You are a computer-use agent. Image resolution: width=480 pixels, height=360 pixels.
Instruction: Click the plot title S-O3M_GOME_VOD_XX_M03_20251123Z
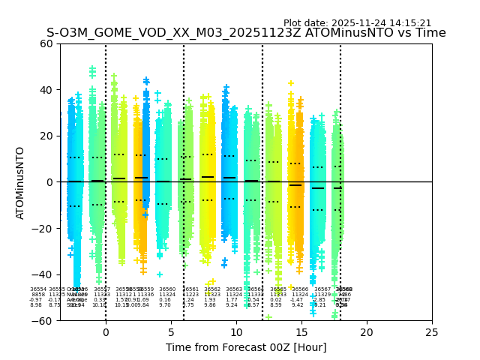[x=246, y=33]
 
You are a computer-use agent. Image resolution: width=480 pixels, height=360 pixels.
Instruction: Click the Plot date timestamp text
[x=357, y=23]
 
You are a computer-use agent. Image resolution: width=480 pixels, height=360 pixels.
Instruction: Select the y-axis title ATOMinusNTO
[x=21, y=182]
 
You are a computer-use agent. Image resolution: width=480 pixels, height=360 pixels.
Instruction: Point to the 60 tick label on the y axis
[x=46, y=43]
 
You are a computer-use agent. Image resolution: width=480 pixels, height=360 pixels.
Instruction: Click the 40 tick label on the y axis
[x=46, y=90]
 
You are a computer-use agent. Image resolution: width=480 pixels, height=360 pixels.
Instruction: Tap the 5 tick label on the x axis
[x=171, y=331]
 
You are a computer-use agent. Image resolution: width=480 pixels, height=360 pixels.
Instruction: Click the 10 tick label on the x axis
[x=236, y=331]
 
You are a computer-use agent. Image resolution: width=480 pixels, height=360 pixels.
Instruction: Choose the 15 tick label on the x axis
[x=301, y=331]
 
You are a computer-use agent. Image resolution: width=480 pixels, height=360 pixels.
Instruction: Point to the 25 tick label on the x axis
[x=432, y=331]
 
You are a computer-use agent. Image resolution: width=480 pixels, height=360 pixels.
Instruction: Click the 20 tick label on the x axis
[x=367, y=331]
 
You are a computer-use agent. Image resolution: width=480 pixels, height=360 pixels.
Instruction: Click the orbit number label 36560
[x=167, y=289]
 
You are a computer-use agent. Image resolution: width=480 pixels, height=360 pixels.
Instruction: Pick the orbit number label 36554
[x=38, y=289]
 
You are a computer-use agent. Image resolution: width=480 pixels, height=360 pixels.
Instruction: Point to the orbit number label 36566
[x=300, y=289]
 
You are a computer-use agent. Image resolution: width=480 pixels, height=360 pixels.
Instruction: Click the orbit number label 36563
[x=234, y=289]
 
